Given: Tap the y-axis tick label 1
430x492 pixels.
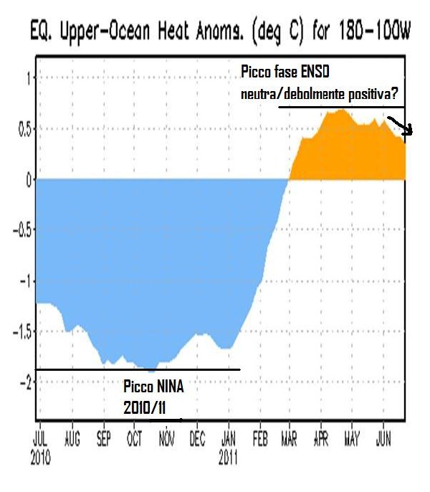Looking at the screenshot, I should pyautogui.click(x=28, y=78).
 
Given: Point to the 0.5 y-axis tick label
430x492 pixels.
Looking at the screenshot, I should pyautogui.click(x=24, y=129).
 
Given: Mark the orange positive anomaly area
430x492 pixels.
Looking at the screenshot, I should pyautogui.click(x=344, y=151).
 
